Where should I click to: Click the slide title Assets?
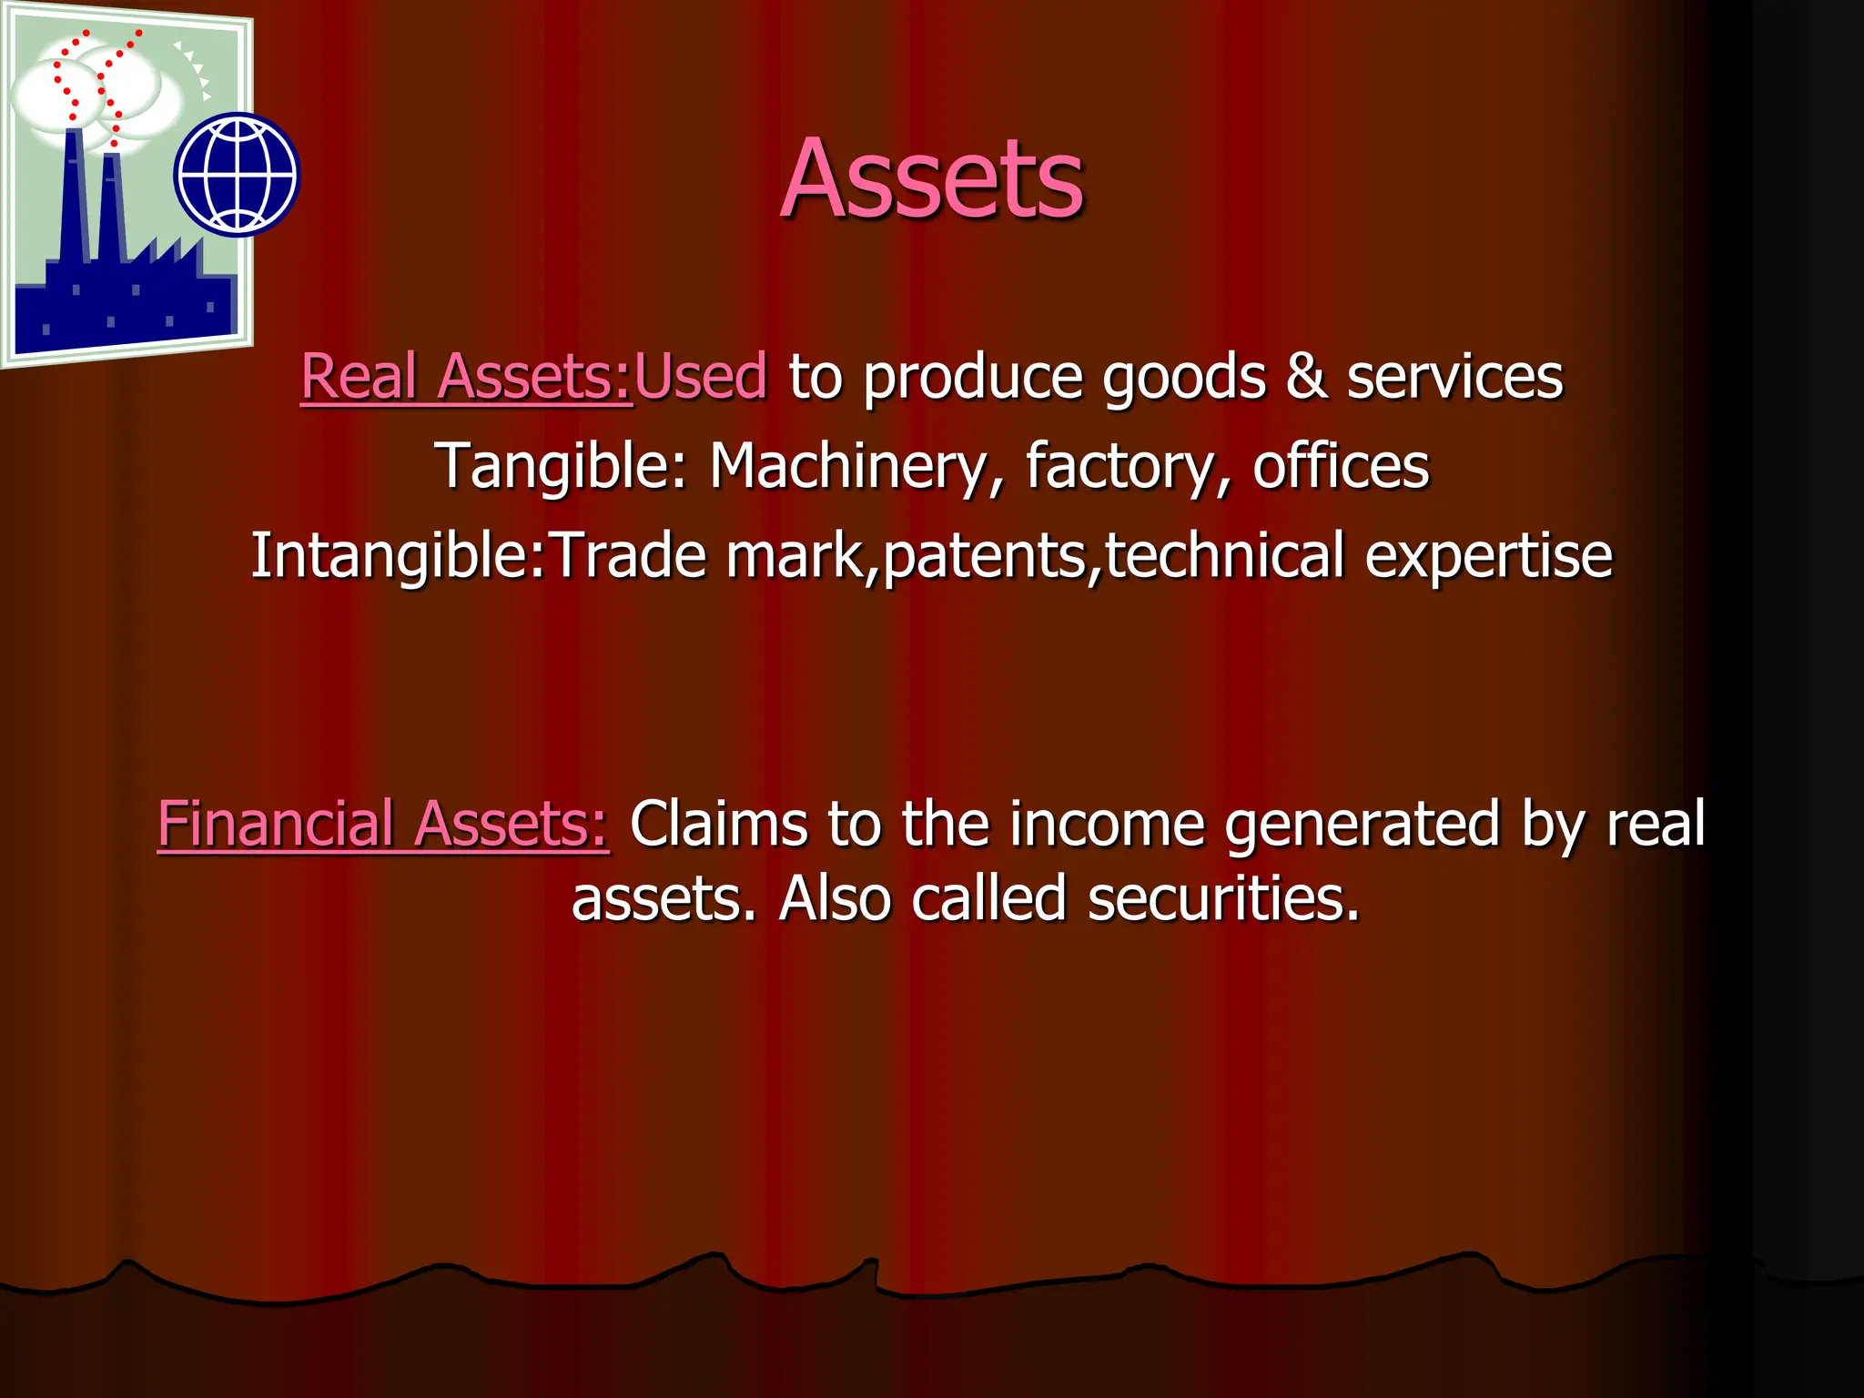[932, 178]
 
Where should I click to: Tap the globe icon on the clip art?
[237, 174]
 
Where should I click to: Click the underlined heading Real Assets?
[466, 376]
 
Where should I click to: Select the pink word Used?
[701, 376]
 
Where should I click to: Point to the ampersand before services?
[1306, 376]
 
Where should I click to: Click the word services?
[1454, 376]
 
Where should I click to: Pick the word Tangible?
[561, 466]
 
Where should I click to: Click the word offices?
[1341, 466]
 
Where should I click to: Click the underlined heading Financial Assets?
[383, 825]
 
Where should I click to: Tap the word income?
[1107, 825]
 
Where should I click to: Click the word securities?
[1223, 899]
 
